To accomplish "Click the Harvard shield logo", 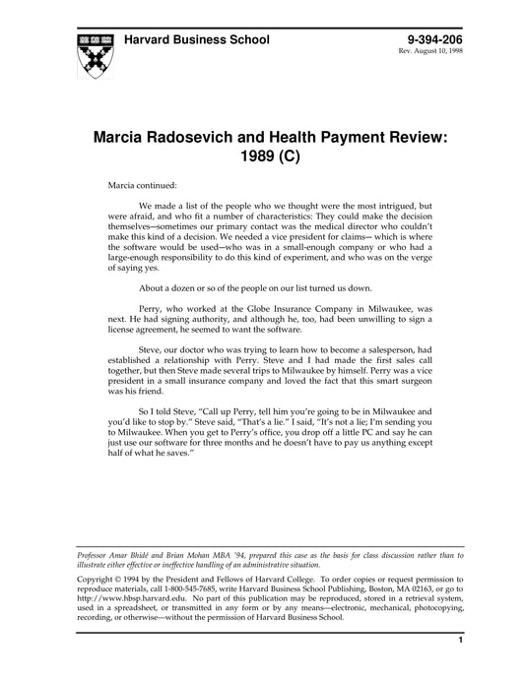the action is click(92, 55).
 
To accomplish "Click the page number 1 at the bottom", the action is click(460, 642).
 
